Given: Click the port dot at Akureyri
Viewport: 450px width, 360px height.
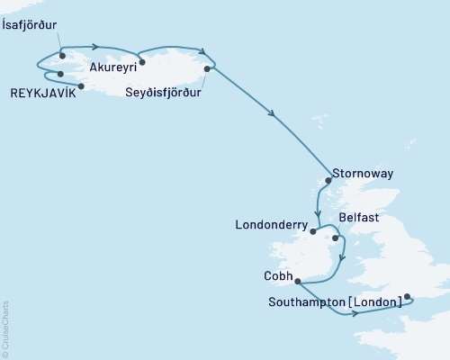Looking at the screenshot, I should [x=142, y=63].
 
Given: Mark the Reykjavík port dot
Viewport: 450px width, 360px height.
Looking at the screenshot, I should [x=81, y=86].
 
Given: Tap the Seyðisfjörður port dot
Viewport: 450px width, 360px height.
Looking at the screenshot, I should [x=208, y=68].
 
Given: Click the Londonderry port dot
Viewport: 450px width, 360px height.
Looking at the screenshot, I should [x=313, y=231].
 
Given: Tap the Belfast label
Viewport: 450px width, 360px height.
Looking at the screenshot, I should [x=360, y=219].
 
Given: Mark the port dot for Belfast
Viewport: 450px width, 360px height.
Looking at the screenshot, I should [x=336, y=238].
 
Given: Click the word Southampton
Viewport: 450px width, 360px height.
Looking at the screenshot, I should [x=306, y=302].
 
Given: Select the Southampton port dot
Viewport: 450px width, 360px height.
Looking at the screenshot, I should [x=407, y=296].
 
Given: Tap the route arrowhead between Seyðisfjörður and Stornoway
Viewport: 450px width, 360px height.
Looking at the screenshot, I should [x=272, y=113].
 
